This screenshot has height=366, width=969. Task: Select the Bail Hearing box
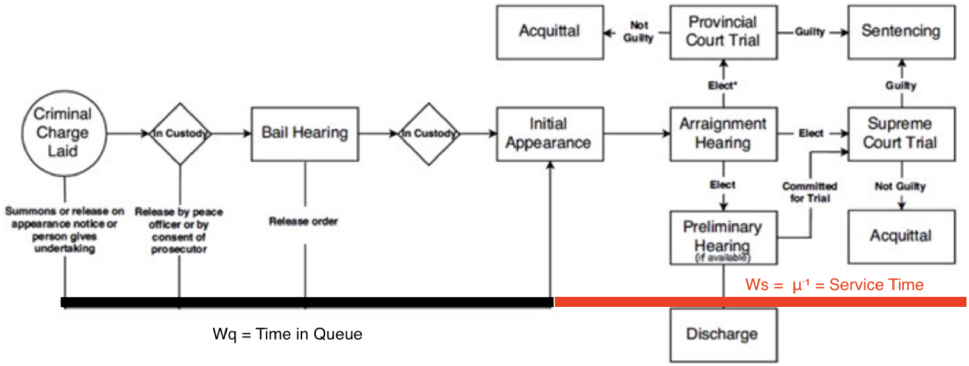click(x=305, y=134)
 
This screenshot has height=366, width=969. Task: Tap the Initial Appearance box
click(x=550, y=134)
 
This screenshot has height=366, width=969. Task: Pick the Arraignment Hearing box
click(x=723, y=134)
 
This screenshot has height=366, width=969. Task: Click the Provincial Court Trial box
click(x=723, y=32)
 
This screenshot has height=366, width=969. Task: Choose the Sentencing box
click(x=901, y=32)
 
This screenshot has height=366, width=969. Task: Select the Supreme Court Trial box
click(x=901, y=134)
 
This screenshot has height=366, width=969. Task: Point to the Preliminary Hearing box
click(x=723, y=237)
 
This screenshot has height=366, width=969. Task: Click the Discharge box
click(x=723, y=335)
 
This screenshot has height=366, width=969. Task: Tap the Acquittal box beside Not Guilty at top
click(x=550, y=32)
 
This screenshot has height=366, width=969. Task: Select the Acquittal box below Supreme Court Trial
click(x=901, y=237)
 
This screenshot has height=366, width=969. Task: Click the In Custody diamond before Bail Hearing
click(x=180, y=134)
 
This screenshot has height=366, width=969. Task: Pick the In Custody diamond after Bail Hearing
click(x=429, y=134)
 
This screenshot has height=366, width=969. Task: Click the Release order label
click(x=304, y=221)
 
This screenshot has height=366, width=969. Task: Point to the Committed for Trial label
click(x=810, y=192)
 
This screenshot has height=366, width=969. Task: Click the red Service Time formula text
click(x=834, y=285)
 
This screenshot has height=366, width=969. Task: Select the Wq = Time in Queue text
click(x=287, y=334)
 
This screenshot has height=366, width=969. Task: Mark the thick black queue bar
click(x=307, y=302)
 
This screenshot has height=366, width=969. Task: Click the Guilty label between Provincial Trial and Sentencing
click(x=809, y=32)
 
